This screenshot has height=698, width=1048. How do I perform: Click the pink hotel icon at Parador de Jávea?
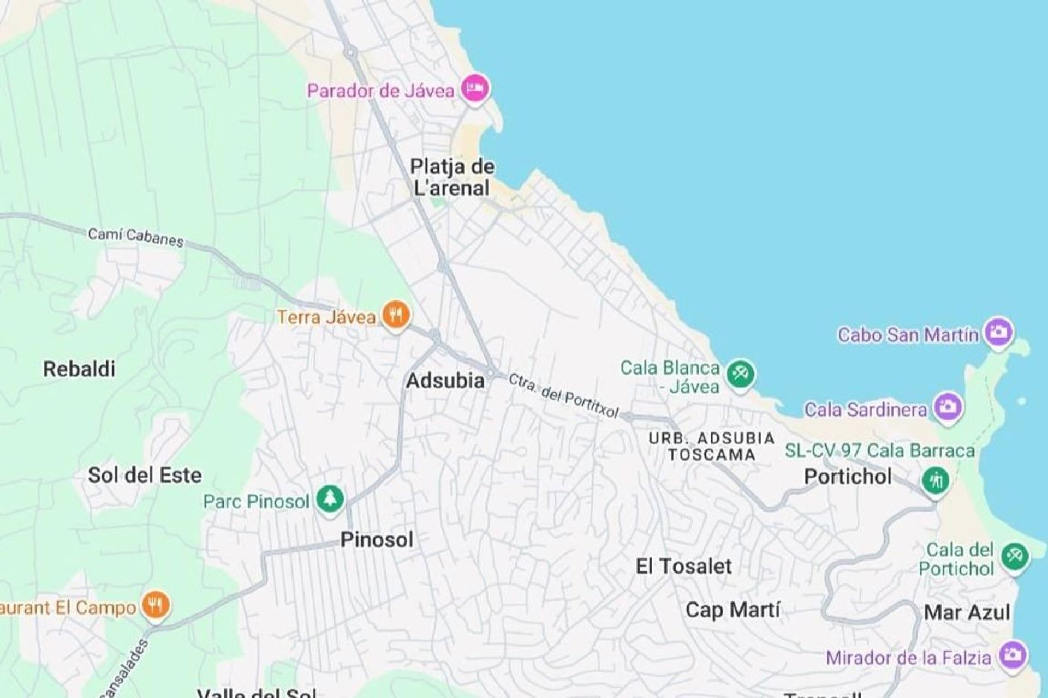pos(474,88)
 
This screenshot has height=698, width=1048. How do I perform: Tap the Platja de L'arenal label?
pos(452,177)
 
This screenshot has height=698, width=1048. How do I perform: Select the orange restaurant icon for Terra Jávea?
pos(396,315)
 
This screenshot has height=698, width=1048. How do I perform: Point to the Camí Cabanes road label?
pos(136,238)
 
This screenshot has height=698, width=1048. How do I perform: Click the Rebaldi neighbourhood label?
pos(79,369)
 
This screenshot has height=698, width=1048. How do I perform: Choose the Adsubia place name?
pos(445,381)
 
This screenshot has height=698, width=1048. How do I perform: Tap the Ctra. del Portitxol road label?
pos(564,395)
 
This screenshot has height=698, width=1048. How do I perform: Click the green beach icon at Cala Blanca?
pos(740,375)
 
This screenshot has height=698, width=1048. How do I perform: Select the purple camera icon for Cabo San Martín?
pos(999,332)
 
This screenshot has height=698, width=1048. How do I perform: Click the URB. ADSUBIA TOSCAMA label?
pos(712,446)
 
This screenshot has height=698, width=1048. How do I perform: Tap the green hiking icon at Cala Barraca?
pos(935,480)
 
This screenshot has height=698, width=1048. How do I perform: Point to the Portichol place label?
pos(848,477)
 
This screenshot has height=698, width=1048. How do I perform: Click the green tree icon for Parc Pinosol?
pos(330,498)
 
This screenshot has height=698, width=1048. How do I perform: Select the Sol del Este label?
pos(145,475)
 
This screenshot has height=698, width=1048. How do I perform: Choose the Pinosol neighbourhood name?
pos(377,540)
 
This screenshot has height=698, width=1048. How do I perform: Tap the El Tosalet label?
pos(683,566)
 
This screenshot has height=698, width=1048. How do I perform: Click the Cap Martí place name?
pos(733,610)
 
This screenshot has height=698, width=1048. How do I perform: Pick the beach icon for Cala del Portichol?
pos(1014,557)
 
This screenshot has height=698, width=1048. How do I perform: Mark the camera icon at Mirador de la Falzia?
pos(1013,655)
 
